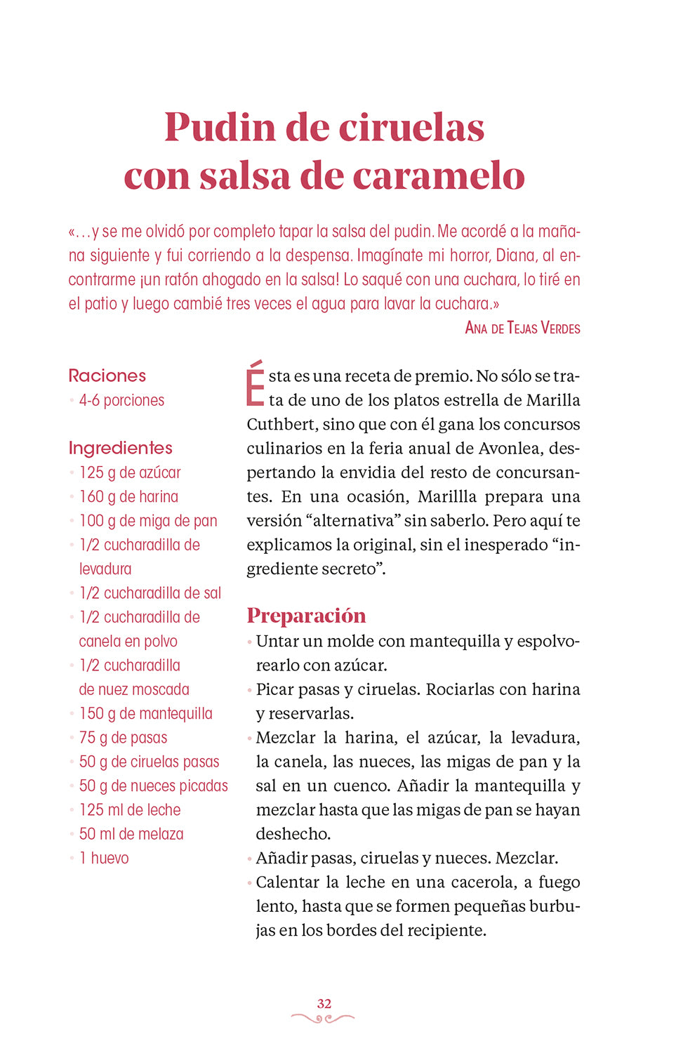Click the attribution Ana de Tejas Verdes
(522, 328)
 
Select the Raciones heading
(107, 376)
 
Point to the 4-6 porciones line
(121, 401)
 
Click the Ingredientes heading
(120, 448)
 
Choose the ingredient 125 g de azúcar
(130, 472)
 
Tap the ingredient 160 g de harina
(128, 497)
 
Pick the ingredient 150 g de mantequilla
(145, 714)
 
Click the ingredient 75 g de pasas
(123, 738)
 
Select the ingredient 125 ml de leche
(130, 810)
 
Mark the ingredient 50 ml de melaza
(131, 834)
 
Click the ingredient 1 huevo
(104, 859)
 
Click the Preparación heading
(306, 616)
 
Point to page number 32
(324, 1003)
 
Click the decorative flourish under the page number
(323, 1018)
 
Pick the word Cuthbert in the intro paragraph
(281, 425)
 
